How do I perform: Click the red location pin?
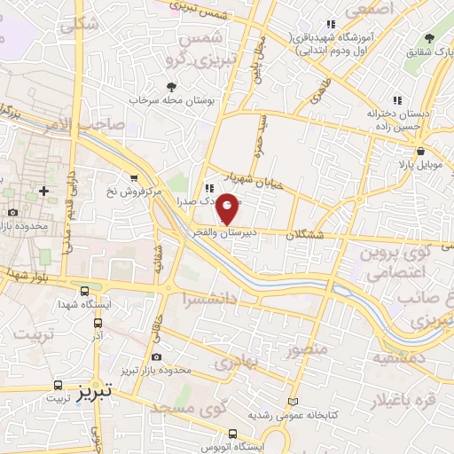228,207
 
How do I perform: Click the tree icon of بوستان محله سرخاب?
171,87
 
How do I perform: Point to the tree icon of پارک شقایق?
429,38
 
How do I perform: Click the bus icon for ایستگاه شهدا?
84,291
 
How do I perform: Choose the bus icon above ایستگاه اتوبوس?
232,434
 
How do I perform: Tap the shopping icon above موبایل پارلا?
404,151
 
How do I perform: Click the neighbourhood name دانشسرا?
208,300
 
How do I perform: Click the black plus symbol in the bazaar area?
43,191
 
